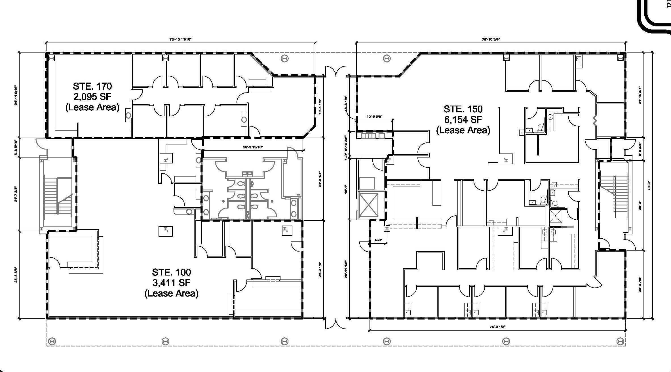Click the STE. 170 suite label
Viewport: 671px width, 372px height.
(x=92, y=86)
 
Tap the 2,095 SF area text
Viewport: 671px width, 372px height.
(x=92, y=97)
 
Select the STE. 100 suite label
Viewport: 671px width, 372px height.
(x=171, y=272)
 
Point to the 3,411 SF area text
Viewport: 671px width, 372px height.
(x=171, y=283)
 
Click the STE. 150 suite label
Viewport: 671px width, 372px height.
(x=463, y=109)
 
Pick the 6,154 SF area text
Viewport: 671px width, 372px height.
(x=463, y=119)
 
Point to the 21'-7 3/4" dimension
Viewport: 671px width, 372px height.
(x=16, y=194)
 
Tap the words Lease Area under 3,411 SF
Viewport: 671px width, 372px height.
(x=171, y=293)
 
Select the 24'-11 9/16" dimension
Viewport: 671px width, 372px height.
(x=16, y=95)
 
